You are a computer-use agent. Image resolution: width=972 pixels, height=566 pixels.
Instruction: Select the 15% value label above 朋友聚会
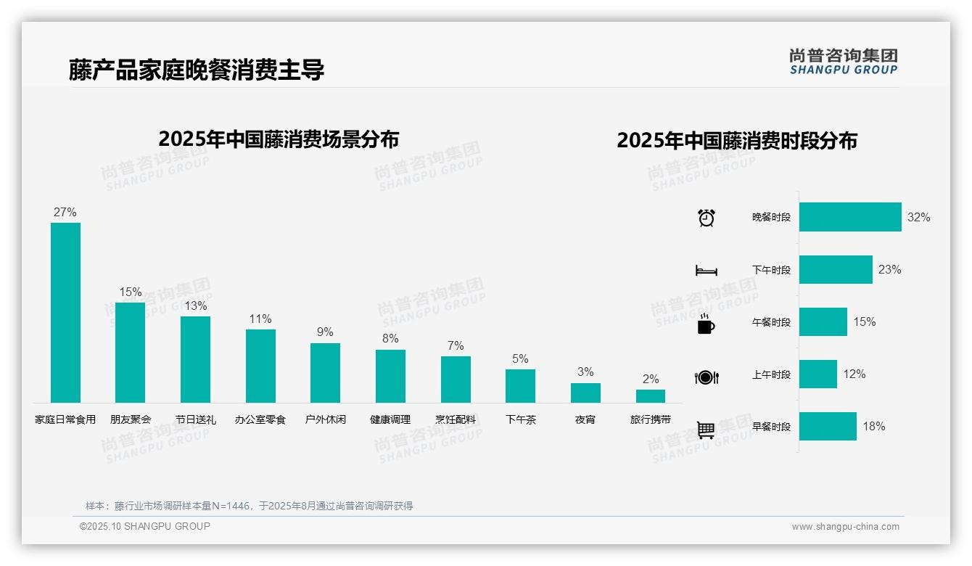(131, 292)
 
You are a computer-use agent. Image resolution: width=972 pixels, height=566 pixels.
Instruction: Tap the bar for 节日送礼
(195, 359)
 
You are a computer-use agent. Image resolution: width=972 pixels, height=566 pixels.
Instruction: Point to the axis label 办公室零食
(260, 419)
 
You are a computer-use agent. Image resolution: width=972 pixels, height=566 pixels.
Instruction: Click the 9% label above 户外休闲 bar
(325, 332)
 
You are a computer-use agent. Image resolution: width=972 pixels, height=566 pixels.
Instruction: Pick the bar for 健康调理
(390, 376)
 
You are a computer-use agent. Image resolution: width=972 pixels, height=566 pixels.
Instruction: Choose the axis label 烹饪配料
(456, 419)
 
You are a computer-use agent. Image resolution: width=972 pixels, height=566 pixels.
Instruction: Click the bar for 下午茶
(520, 386)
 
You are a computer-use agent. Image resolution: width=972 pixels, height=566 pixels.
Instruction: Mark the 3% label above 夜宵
(585, 372)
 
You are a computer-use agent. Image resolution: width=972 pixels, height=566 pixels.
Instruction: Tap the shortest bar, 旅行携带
(651, 396)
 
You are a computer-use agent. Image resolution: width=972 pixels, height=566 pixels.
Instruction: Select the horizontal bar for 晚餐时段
(850, 217)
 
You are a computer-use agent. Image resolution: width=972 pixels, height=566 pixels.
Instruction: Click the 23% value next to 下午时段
(889, 269)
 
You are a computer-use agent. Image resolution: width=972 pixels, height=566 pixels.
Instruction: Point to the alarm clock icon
(707, 218)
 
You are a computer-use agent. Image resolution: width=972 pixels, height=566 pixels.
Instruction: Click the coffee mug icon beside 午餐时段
(706, 324)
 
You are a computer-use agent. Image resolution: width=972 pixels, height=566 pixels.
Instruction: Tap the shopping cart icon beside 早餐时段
(706, 430)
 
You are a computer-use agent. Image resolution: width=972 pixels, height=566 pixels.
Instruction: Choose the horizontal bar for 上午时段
(818, 374)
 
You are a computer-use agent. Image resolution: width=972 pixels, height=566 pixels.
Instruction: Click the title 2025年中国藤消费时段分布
(737, 140)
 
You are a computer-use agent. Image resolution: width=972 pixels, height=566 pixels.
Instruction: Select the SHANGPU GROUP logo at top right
(844, 62)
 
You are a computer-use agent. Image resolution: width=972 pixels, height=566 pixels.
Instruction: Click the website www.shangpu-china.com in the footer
(845, 527)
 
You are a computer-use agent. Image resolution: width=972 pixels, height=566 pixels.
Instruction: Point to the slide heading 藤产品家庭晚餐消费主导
(196, 70)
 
